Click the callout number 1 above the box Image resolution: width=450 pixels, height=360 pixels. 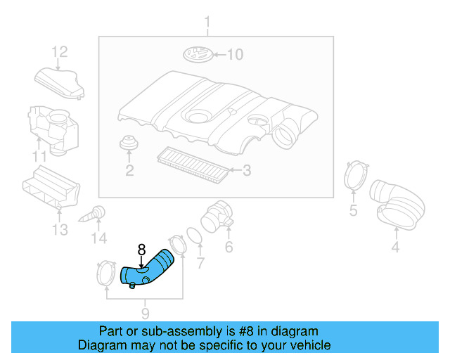(207, 26)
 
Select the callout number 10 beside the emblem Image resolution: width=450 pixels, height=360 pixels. (234, 54)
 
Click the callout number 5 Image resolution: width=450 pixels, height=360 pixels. (353, 210)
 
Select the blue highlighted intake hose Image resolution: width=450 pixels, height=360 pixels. (147, 270)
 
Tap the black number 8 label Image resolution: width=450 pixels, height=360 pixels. (141, 249)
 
